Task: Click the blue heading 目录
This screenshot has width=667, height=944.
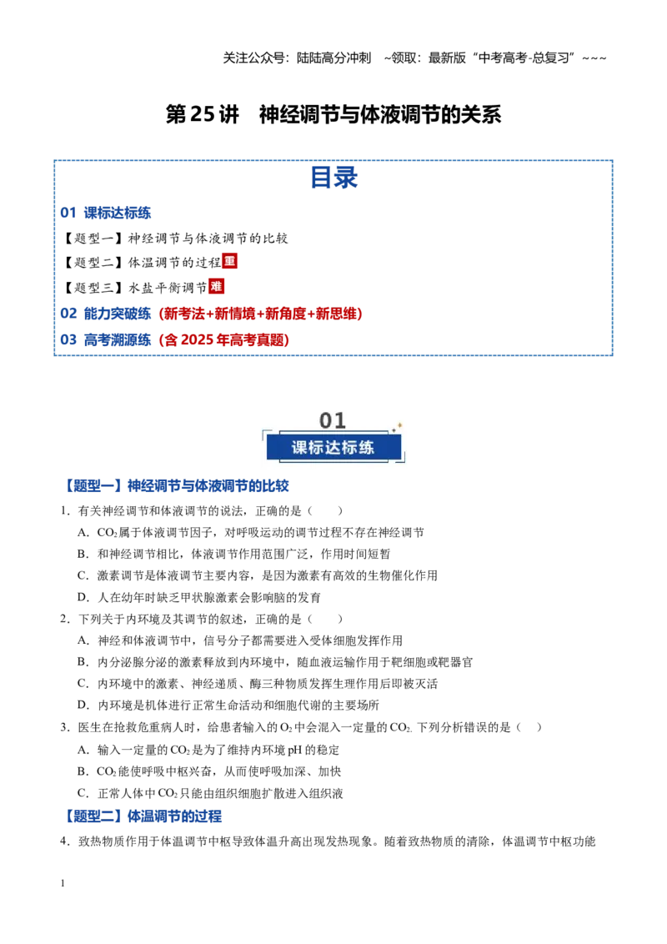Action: (333, 178)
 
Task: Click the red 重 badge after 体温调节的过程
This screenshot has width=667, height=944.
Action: (229, 261)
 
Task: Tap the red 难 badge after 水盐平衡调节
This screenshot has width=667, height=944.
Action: (216, 287)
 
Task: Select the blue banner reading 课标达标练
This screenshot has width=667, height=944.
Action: (333, 447)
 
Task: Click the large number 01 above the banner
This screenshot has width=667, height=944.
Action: (333, 420)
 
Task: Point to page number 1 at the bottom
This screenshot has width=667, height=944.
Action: (63, 883)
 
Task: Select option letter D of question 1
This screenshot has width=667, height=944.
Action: (83, 597)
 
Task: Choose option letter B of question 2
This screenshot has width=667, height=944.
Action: (83, 662)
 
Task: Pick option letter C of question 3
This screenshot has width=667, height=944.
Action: (83, 794)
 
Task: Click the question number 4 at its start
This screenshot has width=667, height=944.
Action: (64, 841)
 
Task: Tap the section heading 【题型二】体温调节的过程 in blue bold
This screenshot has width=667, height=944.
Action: (142, 816)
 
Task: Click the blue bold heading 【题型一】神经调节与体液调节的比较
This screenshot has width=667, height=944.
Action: (176, 486)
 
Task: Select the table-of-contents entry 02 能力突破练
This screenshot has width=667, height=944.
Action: (105, 314)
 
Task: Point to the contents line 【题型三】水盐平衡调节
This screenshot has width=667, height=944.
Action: (134, 288)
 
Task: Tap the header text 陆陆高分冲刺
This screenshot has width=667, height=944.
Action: (333, 58)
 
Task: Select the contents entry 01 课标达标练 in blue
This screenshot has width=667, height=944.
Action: (105, 213)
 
